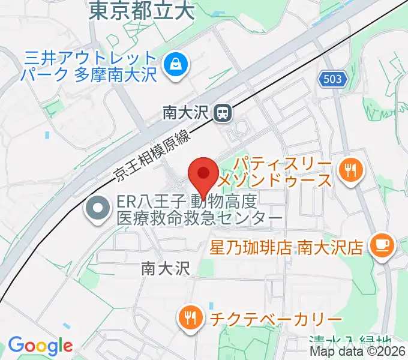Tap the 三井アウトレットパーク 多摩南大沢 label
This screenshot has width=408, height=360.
click(90, 67)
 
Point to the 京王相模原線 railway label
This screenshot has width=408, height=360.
click(152, 157)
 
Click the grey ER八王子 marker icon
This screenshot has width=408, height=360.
click(97, 209)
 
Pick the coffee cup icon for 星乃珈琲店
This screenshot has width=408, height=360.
click(382, 245)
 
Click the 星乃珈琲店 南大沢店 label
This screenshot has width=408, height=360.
click(287, 247)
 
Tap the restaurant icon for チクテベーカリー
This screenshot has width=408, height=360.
click(191, 317)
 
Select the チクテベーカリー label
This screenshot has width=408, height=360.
click(275, 318)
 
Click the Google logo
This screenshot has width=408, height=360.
click(40, 346)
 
